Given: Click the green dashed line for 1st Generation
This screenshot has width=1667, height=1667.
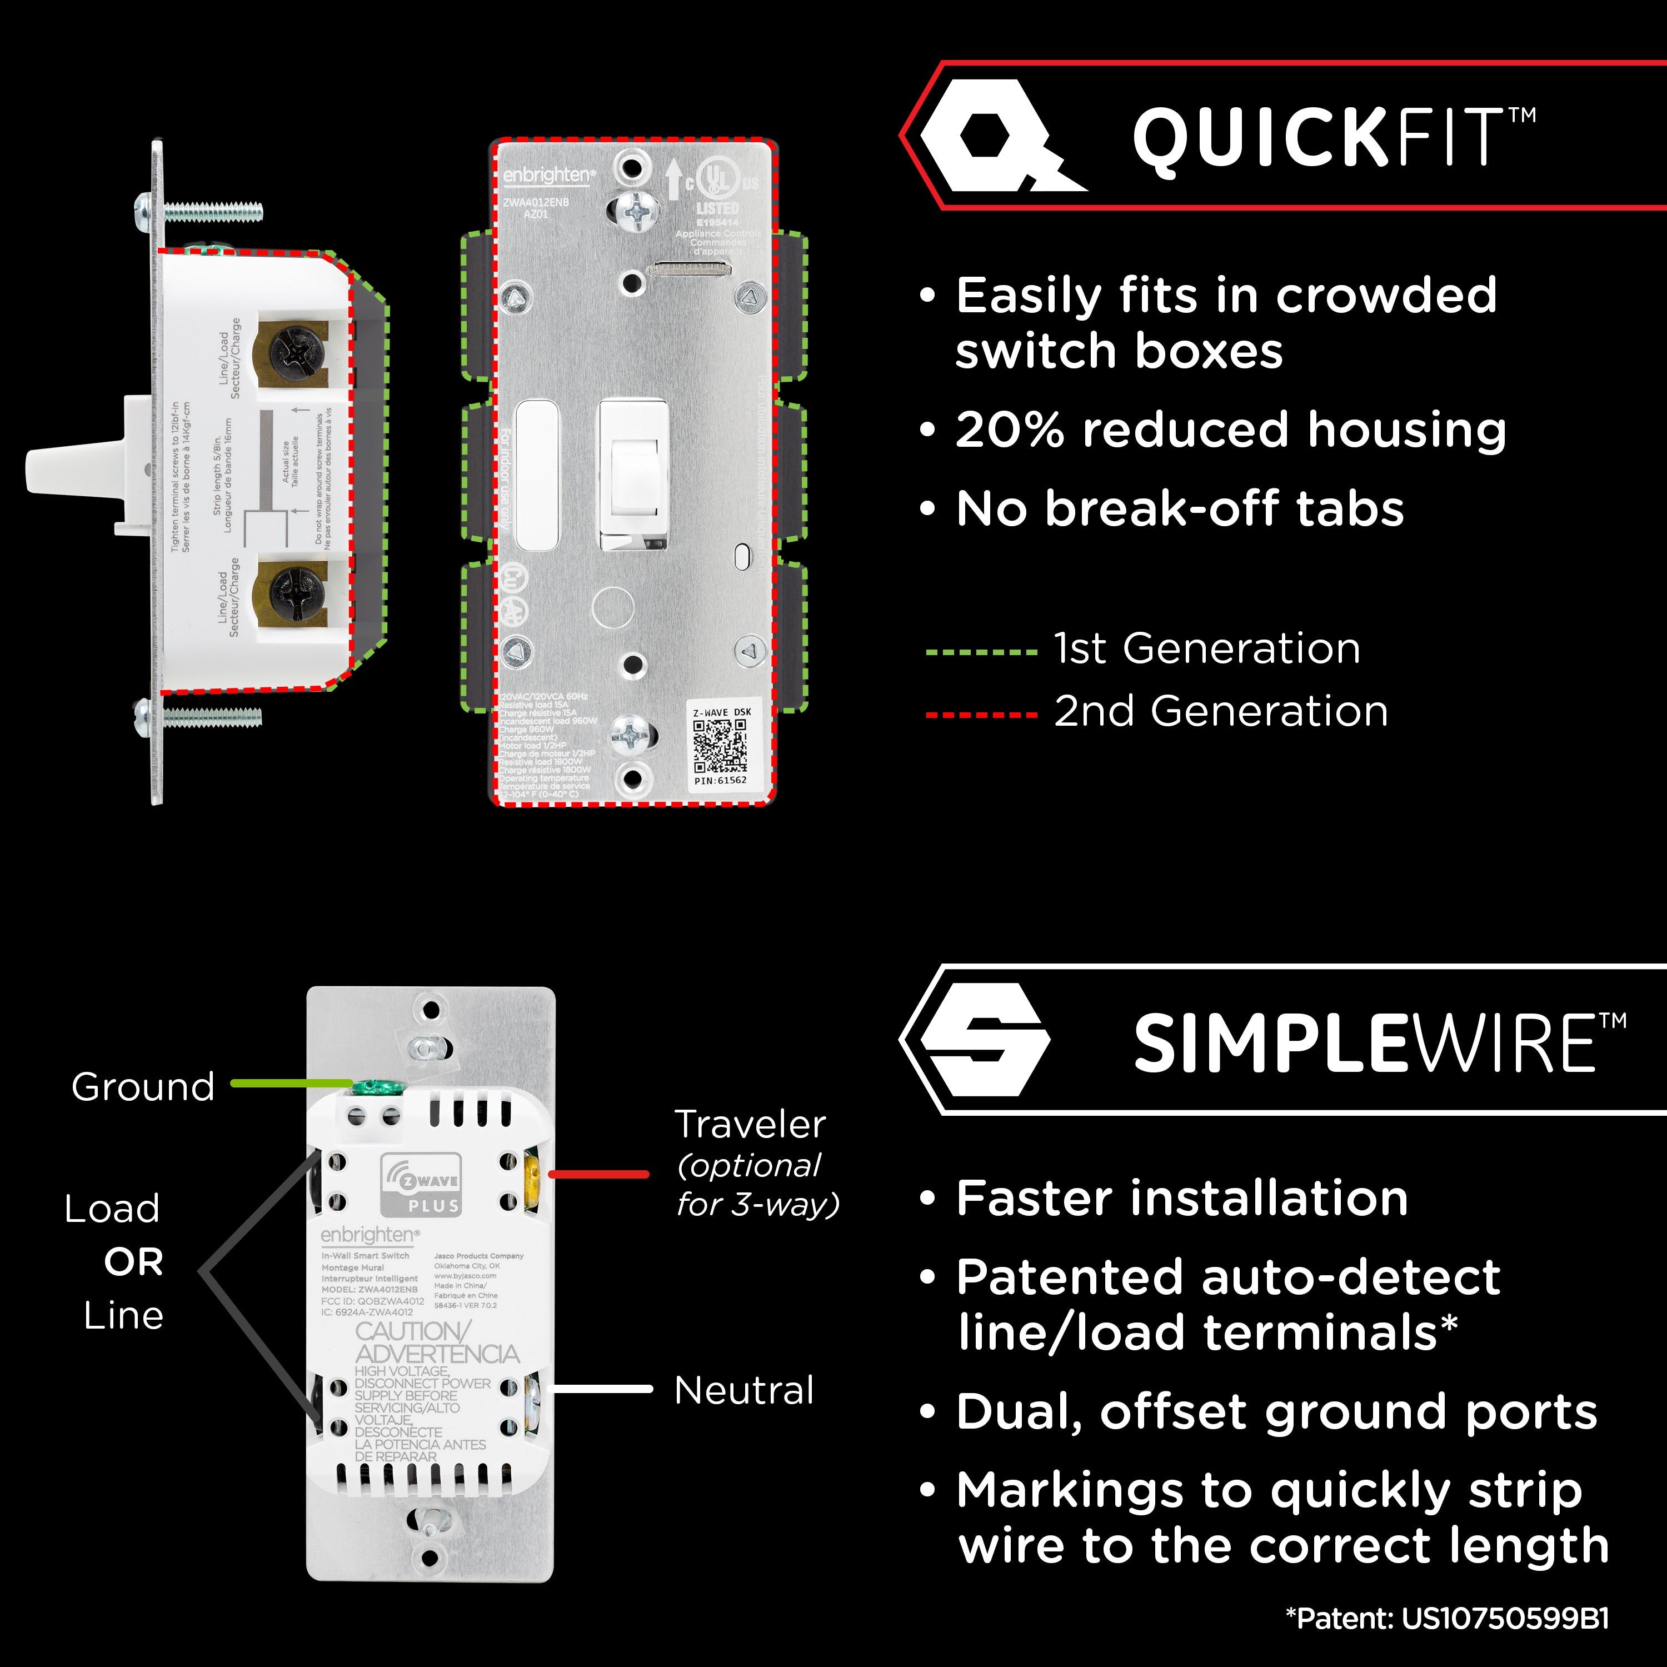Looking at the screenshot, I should [x=981, y=652].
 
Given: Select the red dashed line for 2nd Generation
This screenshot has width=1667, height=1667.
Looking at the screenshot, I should [x=981, y=715].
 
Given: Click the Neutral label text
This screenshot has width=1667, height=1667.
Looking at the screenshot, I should [x=744, y=1390].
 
